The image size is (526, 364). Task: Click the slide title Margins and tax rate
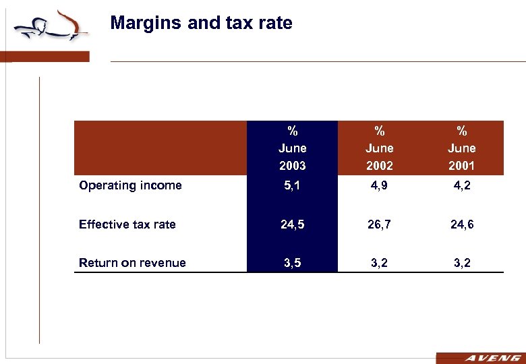tap(201, 24)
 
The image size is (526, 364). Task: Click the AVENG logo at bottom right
tap(479, 358)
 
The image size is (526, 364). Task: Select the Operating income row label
tap(130, 185)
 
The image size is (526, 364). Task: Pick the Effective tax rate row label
tap(127, 224)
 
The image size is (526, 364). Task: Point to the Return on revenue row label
tap(132, 263)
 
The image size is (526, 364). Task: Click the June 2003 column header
tap(292, 148)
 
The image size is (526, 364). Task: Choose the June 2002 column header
tap(379, 148)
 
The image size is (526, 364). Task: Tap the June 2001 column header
tap(462, 148)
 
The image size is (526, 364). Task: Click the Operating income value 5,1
tap(292, 185)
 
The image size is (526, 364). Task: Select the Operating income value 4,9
tap(379, 185)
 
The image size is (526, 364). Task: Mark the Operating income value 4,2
tap(462, 185)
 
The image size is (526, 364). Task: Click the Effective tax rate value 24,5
tap(292, 224)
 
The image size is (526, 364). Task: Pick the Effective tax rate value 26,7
tap(379, 224)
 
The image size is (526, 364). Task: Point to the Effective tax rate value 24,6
tap(462, 224)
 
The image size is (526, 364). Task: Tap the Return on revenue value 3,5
tap(292, 263)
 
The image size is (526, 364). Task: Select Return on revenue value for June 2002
tap(379, 263)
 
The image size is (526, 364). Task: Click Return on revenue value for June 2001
tap(462, 263)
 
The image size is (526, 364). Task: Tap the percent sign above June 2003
tap(292, 131)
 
